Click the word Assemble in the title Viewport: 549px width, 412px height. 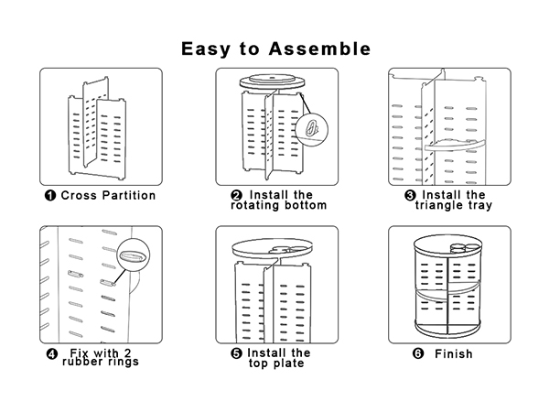[319, 49]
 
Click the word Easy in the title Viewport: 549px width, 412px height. [206, 49]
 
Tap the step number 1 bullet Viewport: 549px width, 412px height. [50, 195]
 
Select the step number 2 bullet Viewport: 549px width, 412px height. [237, 195]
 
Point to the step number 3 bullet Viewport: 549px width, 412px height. [410, 195]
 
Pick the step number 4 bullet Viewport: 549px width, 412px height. [52, 353]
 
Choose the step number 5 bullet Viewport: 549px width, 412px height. [237, 353]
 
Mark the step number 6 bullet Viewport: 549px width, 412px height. [418, 353]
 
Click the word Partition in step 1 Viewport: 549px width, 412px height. [129, 195]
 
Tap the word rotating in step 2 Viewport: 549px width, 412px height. [253, 205]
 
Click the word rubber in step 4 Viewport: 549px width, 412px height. [80, 362]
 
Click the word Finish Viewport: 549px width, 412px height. [454, 353]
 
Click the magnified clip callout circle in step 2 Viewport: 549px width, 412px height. [312, 130]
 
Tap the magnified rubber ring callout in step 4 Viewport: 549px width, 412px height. [134, 255]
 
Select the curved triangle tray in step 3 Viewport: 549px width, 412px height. [455, 145]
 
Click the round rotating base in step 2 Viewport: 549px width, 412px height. [272, 81]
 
